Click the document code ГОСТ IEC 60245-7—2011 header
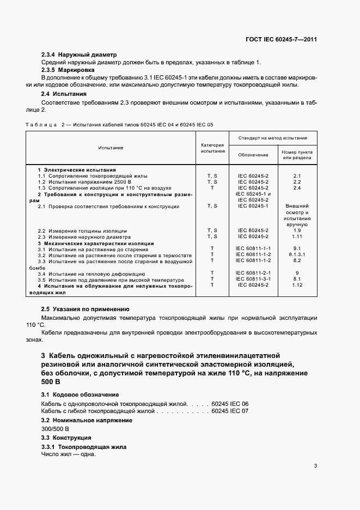[282, 40]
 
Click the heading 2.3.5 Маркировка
[68, 70]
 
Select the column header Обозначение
[253, 155]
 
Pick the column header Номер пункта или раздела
[297, 155]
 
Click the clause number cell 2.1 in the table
[297, 176]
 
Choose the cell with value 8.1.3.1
[297, 254]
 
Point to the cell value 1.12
[297, 285]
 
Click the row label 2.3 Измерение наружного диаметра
[84, 237]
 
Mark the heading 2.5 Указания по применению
[85, 308]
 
